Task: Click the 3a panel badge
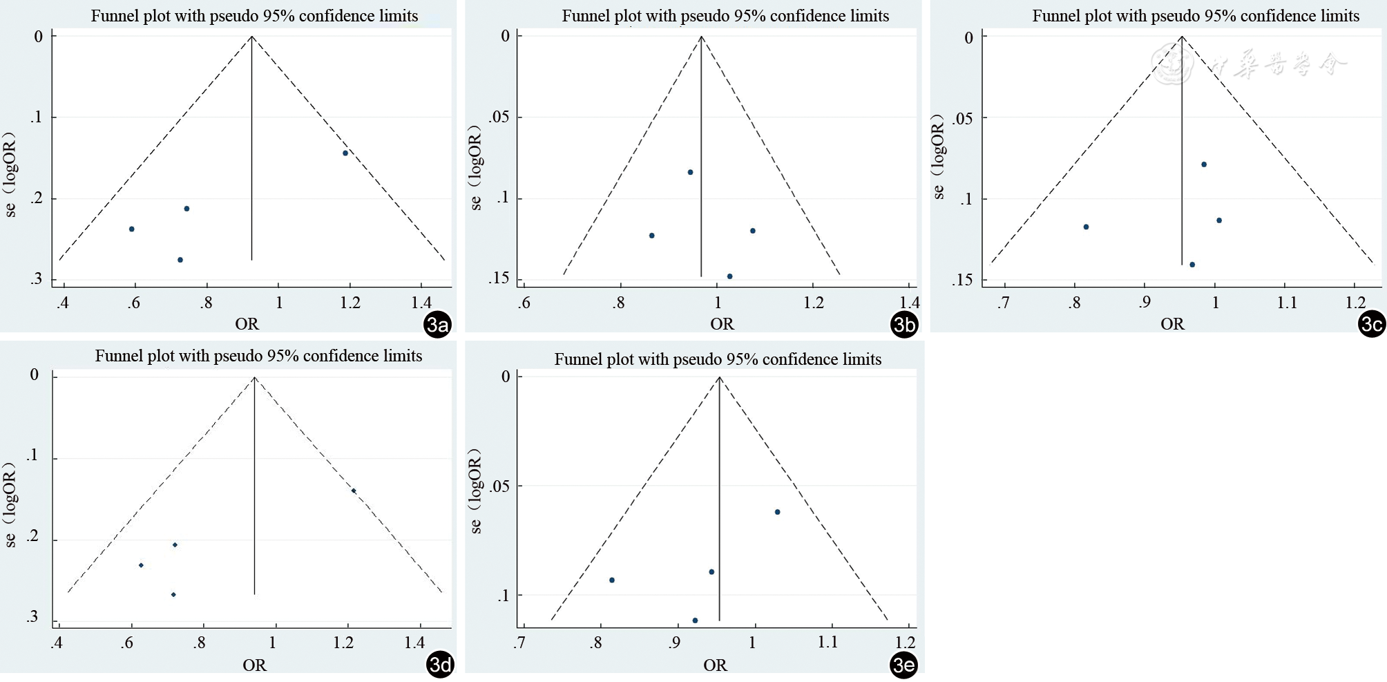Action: click(438, 324)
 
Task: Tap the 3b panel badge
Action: click(903, 324)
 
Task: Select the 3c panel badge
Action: click(1371, 324)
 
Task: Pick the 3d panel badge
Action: click(440, 665)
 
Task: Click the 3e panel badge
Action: click(903, 665)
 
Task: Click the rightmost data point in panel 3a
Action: click(345, 153)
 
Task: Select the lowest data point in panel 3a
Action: click(180, 260)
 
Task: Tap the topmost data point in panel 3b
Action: click(690, 172)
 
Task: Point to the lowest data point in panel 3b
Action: click(729, 276)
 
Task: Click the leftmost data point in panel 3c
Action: click(1086, 227)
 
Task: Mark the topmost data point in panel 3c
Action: click(1204, 164)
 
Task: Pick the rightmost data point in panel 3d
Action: click(354, 491)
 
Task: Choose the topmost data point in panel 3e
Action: click(777, 512)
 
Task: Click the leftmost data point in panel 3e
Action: click(612, 580)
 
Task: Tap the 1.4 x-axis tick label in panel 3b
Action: click(910, 303)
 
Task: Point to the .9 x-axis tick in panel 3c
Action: click(1145, 303)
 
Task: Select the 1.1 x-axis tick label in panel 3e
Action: click(828, 643)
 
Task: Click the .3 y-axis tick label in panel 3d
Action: click(32, 616)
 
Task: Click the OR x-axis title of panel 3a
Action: click(247, 323)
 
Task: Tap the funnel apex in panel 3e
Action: click(720, 377)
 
